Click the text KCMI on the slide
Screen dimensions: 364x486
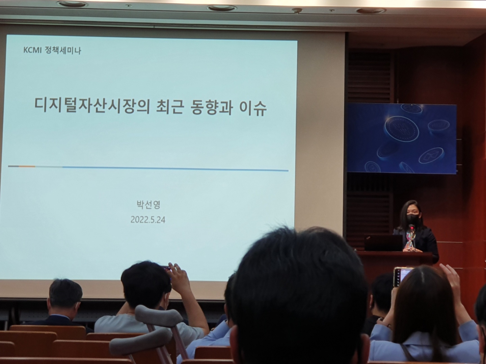(32, 51)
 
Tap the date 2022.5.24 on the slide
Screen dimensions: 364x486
(148, 220)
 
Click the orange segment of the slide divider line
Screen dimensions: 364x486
(27, 166)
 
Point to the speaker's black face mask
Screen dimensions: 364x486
(411, 218)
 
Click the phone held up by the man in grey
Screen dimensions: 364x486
(166, 268)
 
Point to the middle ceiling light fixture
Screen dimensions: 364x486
(217, 8)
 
